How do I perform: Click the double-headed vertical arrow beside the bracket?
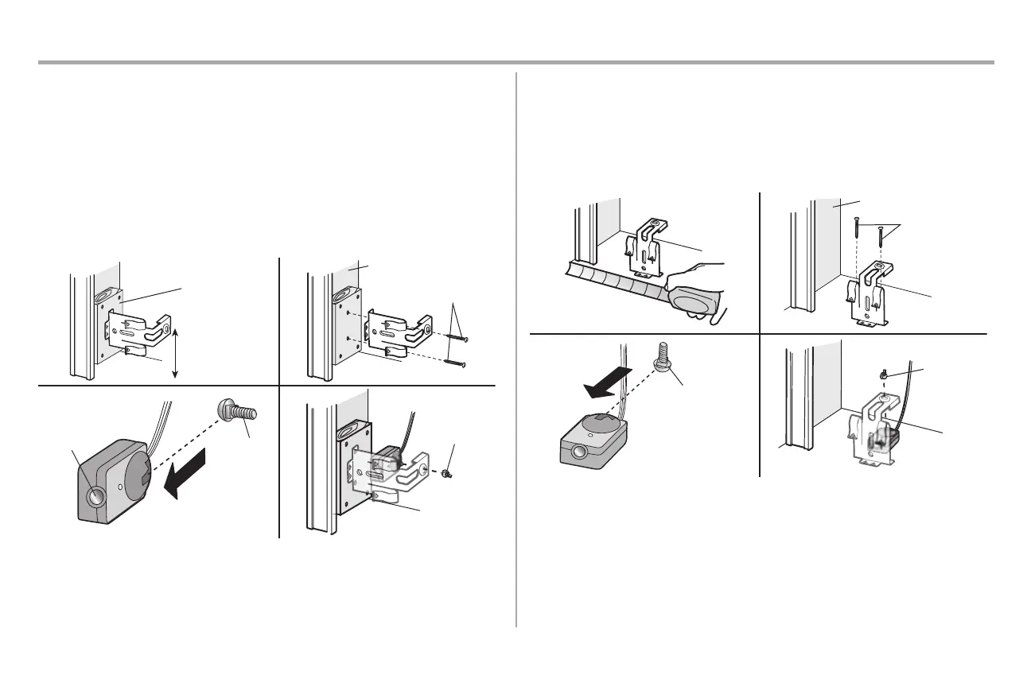point(173,349)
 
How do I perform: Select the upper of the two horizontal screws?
point(457,337)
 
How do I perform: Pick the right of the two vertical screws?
point(881,235)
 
